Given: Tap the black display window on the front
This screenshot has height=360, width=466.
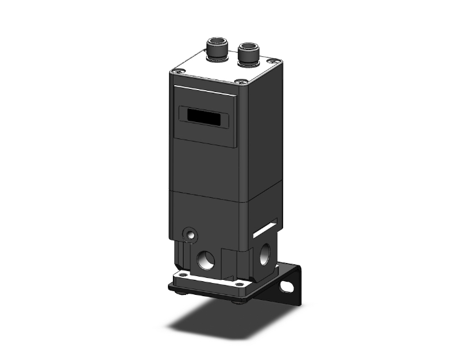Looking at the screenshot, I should tap(201, 116).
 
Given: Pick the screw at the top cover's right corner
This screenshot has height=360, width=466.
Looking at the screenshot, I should tap(272, 61).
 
